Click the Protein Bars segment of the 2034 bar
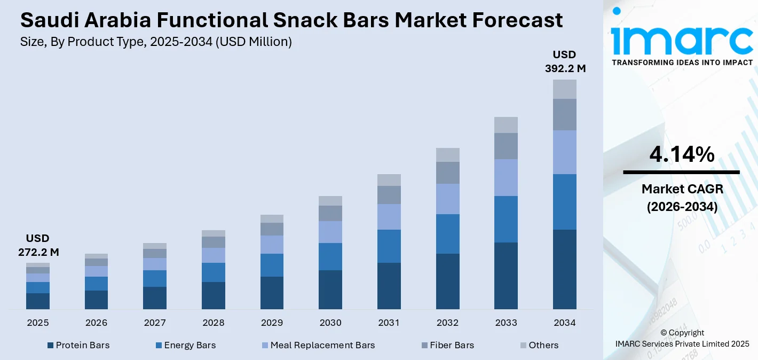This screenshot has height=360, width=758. tap(565, 269)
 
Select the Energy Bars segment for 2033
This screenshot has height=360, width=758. tap(506, 219)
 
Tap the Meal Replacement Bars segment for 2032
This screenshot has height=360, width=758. tap(447, 199)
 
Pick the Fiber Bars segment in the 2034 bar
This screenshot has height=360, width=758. tap(565, 114)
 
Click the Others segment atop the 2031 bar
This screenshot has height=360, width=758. tap(389, 180)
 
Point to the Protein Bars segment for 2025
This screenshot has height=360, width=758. tap(38, 301)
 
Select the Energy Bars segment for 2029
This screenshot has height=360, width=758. tap(272, 265)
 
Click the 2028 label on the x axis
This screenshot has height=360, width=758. tap(213, 323)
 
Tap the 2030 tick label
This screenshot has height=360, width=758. tap(330, 323)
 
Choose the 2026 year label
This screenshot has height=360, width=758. tap(96, 323)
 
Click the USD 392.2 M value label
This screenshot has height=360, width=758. tap(565, 61)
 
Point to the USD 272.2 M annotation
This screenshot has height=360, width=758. tap(38, 245)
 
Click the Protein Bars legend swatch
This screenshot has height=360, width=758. tap(51, 346)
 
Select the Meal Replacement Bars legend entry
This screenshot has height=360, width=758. tap(322, 346)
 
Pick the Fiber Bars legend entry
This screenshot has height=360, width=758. tap(452, 346)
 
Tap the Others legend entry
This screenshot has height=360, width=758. tap(543, 346)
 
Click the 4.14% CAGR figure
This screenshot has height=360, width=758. tap(682, 154)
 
